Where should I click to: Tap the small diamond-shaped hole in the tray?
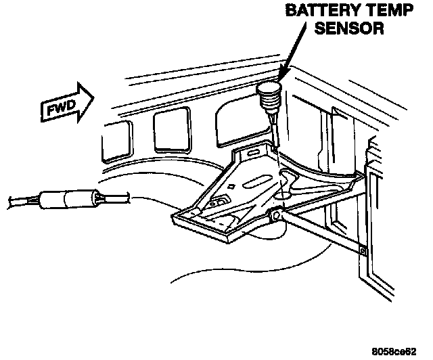(x=232, y=185)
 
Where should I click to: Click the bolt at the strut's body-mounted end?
(x=363, y=252)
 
